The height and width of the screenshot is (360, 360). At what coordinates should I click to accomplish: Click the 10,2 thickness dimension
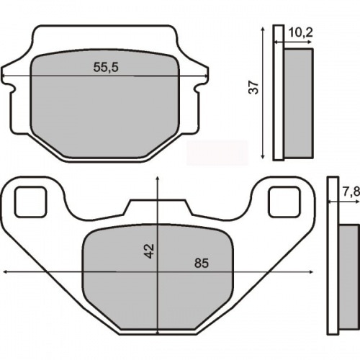300,32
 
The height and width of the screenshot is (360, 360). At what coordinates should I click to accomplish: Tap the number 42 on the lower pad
149,250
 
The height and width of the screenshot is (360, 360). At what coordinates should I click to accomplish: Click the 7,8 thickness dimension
350,192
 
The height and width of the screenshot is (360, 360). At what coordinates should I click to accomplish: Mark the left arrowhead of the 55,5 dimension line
5,77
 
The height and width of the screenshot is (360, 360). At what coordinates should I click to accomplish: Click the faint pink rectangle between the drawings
217,152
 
